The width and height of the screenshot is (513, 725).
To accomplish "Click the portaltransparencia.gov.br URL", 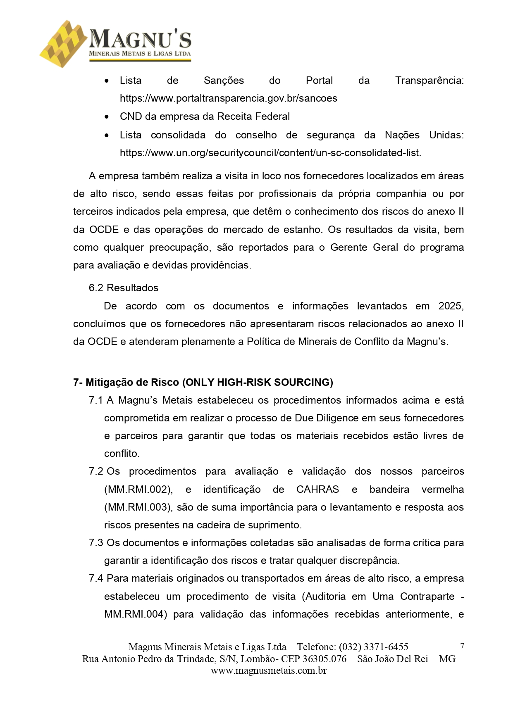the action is (228, 98).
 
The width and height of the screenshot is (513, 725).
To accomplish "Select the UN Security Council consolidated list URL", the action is (270, 153).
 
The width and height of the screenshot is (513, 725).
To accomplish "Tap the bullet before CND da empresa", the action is (107, 117).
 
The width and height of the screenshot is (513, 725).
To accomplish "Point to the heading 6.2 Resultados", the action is (123, 288).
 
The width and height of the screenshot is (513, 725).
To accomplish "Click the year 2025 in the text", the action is (450, 306).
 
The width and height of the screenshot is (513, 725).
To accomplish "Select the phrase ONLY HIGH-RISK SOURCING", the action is (258, 383).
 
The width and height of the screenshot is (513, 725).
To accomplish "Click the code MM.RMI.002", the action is (138, 490).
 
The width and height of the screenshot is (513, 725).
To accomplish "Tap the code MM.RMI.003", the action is (138, 507).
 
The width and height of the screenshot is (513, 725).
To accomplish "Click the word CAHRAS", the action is (317, 490).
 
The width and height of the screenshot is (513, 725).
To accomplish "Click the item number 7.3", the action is (95, 543).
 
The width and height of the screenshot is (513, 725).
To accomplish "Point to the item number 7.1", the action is (95, 400).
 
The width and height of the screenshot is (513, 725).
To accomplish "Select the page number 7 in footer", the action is (462, 646).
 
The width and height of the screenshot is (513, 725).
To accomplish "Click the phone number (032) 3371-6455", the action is (373, 647).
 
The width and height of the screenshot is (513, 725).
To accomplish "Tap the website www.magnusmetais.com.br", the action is (268, 671).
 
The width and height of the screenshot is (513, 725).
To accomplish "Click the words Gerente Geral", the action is (365, 247).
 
